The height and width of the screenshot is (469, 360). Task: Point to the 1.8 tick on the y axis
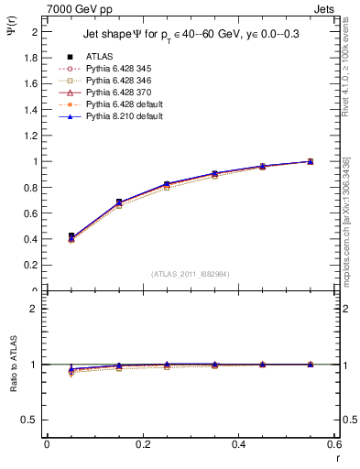pos(32,57)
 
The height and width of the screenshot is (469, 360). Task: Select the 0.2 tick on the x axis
pos(142,444)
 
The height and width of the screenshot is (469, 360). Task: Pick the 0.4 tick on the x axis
pos(238,444)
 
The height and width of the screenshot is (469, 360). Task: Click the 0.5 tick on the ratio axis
pos(30,420)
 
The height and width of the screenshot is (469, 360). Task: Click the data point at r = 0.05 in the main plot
pos(71,236)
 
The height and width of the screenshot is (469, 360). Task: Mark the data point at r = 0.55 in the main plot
pos(311,161)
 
